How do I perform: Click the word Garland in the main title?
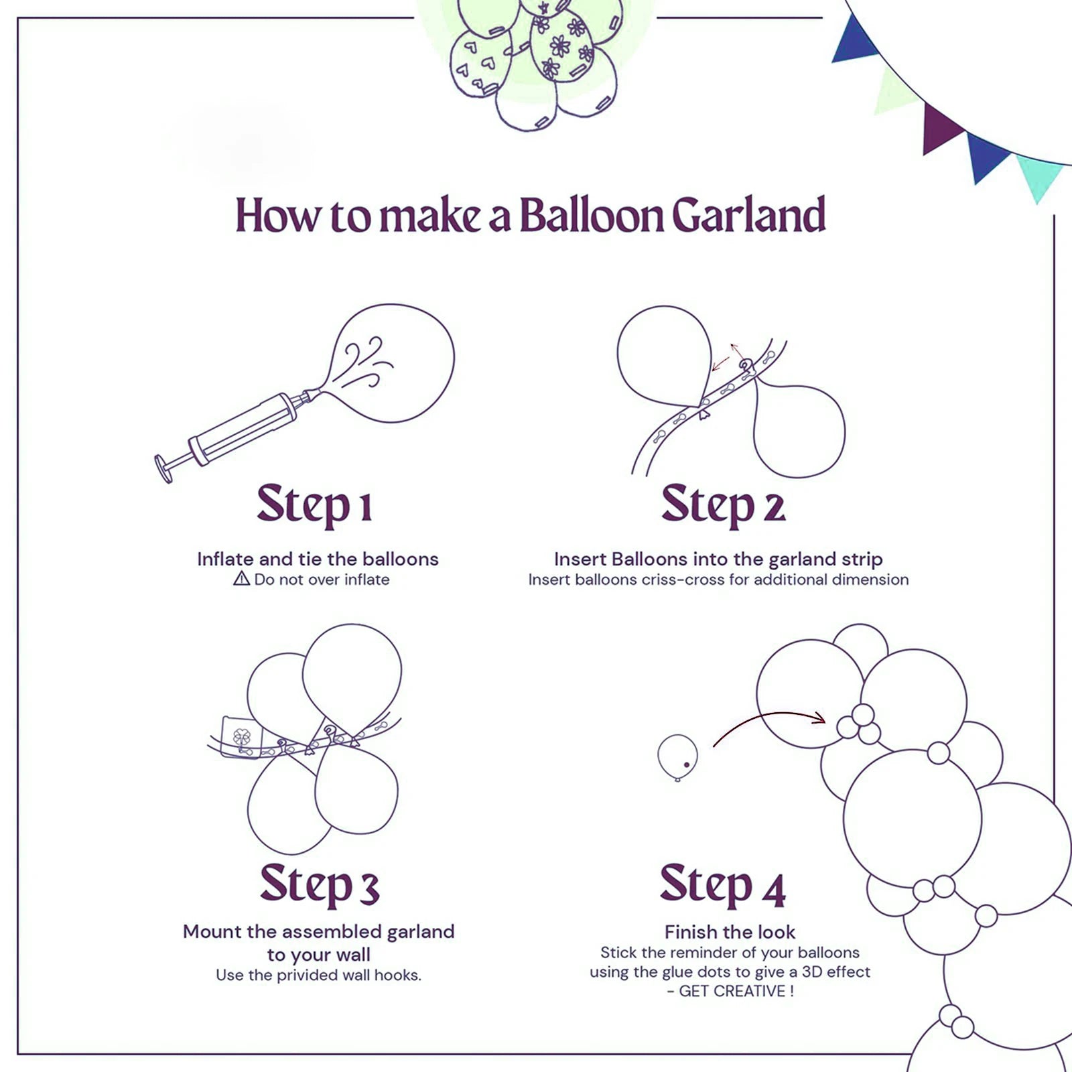[748, 216]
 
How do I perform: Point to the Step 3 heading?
[320, 884]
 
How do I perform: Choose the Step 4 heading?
[722, 886]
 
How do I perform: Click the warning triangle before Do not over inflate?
[241, 579]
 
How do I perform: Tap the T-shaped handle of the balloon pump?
[163, 468]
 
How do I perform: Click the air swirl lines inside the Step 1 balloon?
[367, 363]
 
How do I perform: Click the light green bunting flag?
[896, 90]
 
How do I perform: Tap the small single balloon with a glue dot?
[677, 757]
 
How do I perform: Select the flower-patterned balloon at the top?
[561, 46]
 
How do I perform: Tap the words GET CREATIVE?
[732, 991]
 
